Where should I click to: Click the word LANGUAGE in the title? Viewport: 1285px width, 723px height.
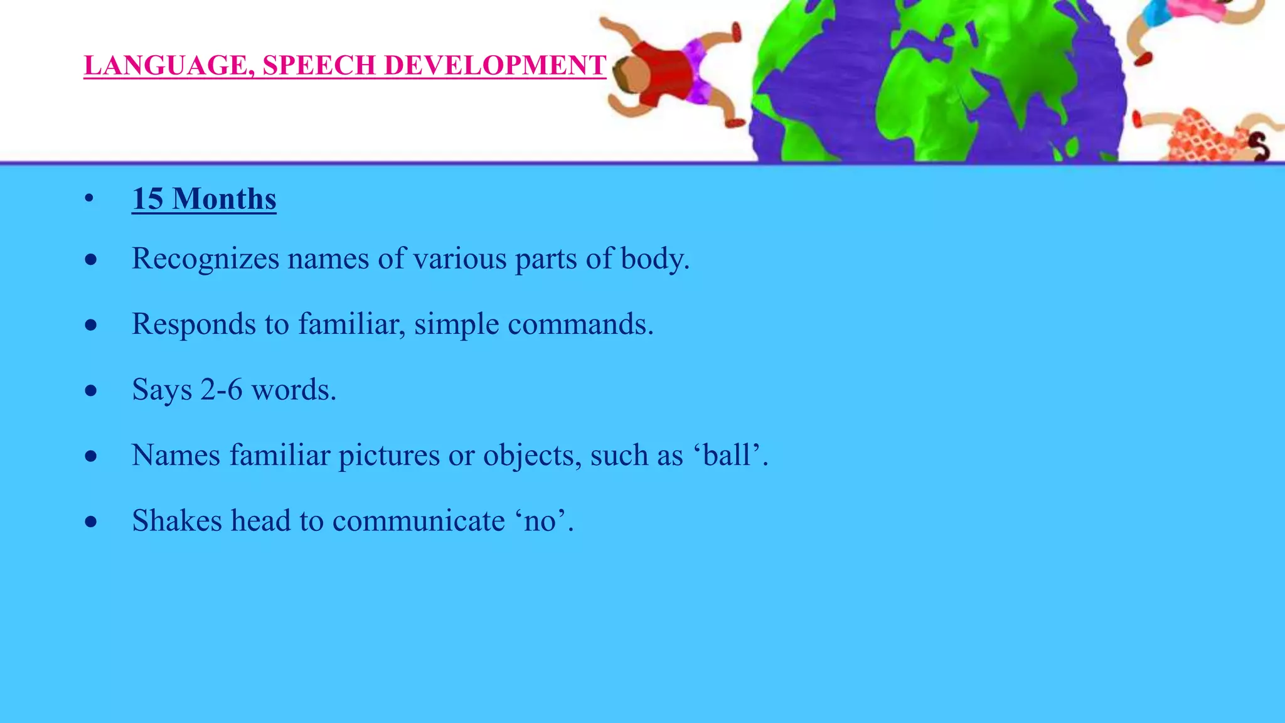(x=165, y=66)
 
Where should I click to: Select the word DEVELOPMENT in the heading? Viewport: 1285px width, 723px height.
(x=494, y=66)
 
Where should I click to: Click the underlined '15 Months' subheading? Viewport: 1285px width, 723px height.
(x=204, y=199)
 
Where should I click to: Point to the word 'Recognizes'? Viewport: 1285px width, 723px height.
(x=205, y=259)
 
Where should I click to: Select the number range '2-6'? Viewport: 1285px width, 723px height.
(x=221, y=390)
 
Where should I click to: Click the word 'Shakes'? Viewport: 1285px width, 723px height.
(x=177, y=521)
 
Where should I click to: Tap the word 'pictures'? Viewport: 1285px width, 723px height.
(x=389, y=455)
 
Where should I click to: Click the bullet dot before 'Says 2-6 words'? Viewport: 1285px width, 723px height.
(x=92, y=390)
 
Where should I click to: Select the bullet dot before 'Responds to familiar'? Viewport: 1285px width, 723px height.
(x=92, y=325)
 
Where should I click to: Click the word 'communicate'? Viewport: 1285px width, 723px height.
(x=418, y=521)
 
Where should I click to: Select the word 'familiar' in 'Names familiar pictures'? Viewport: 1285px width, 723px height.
(x=279, y=455)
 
